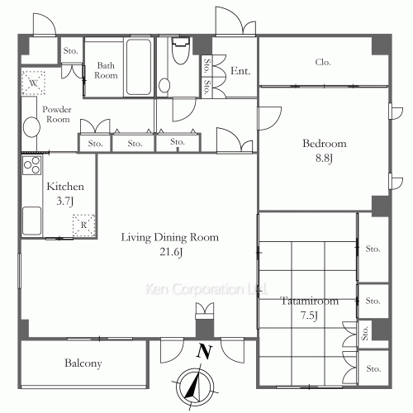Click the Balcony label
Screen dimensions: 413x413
click(83, 363)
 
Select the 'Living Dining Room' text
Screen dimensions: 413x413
click(169, 238)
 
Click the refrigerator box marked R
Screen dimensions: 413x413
click(83, 225)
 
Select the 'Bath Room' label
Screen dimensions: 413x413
click(106, 70)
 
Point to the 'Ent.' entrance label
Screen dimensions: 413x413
click(240, 71)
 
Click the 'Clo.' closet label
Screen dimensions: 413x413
click(324, 62)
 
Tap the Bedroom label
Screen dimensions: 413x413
click(324, 144)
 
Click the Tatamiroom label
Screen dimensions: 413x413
click(308, 301)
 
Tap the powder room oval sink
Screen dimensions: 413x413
click(31, 127)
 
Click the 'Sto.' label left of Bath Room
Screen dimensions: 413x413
click(70, 51)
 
